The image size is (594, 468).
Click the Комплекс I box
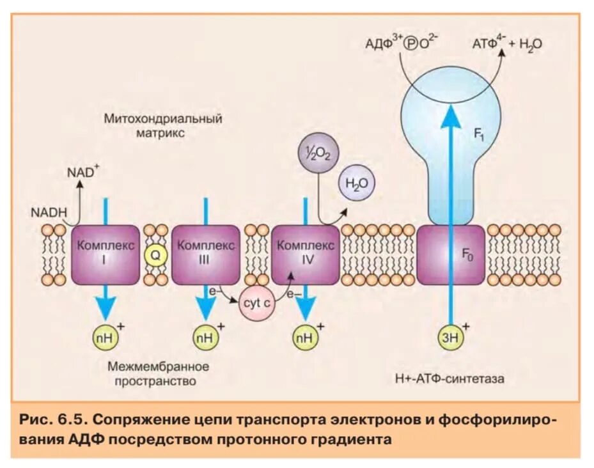coord(105,254)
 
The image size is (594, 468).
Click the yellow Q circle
coord(155,255)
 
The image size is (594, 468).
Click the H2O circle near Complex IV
coord(356,183)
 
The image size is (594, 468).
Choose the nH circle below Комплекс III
coord(205,335)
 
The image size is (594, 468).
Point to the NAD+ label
coord(82,171)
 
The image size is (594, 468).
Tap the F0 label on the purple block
coord(469,254)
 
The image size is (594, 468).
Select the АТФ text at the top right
coord(487,44)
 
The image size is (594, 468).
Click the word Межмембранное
coord(159,367)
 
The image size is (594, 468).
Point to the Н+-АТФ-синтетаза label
coord(449,378)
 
